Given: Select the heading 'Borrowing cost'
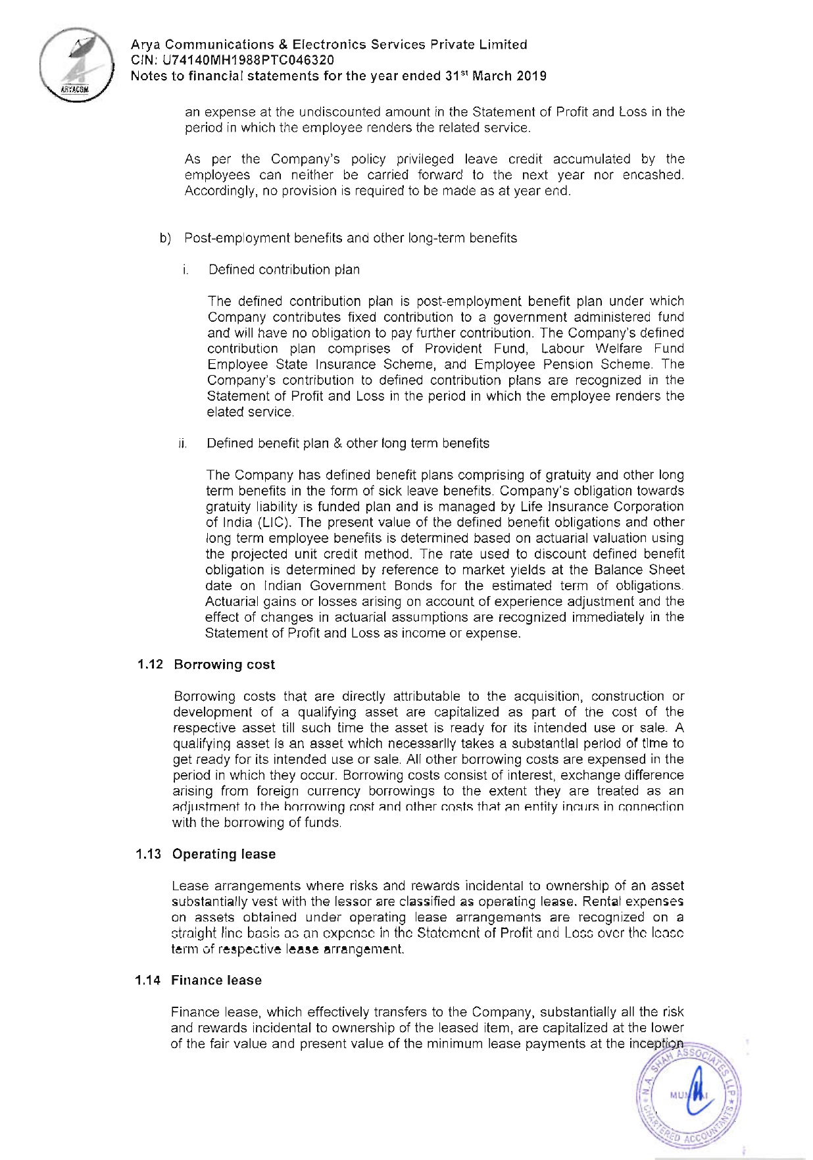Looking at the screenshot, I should (224, 665).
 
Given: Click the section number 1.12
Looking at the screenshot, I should (150, 665).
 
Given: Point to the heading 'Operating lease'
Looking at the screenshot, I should (224, 854).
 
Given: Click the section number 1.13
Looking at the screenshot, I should (149, 854).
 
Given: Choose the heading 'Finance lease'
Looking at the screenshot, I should (216, 980).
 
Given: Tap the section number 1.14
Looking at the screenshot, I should (148, 980).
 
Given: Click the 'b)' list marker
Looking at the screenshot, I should (165, 238).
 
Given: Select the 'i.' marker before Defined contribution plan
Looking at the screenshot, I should (187, 270).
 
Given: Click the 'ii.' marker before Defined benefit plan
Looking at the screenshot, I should (183, 443).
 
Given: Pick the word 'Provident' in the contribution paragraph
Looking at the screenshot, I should (453, 349).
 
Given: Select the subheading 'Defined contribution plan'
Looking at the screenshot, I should (284, 270).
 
